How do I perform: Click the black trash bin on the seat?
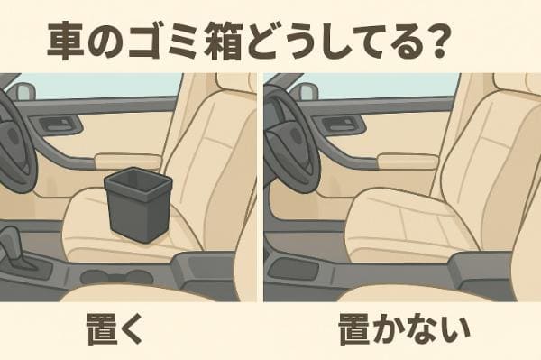[x=137, y=204]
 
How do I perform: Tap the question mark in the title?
[x=436, y=40]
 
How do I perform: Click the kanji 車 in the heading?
[x=65, y=41]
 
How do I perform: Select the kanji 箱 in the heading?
[x=224, y=41]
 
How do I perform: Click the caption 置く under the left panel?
[x=115, y=328]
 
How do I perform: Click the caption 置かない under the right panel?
[x=404, y=328]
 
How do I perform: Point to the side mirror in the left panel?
[x=25, y=92]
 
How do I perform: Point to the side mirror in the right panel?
[x=308, y=91]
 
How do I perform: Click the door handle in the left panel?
[x=58, y=124]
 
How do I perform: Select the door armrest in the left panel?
[x=128, y=162]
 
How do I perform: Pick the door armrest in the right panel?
[x=408, y=162]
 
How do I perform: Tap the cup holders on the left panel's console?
[x=116, y=276]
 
